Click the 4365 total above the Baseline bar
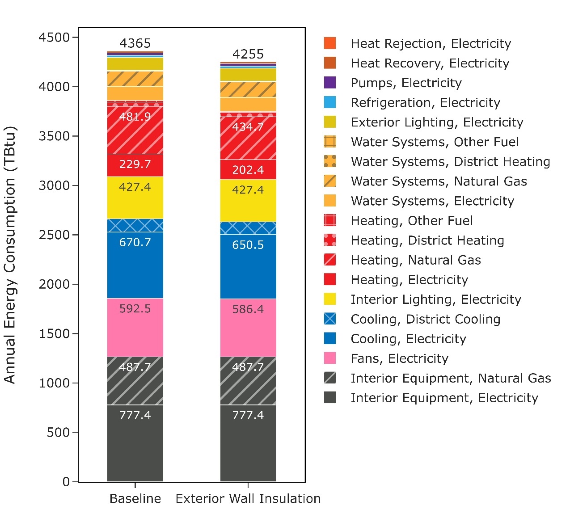coord(135,43)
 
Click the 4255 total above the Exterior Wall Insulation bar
coord(248,54)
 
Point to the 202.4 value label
coord(248,170)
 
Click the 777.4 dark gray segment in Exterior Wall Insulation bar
coord(248,442)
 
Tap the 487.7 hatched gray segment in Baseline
coord(135,380)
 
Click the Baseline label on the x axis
coord(135,498)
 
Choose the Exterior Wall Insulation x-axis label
coord(248,498)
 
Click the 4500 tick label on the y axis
coord(54,37)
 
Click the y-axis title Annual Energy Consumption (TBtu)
coord(10,255)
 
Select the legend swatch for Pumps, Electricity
coord(330,83)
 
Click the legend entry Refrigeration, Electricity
coord(425,102)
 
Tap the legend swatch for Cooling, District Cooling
coord(330,319)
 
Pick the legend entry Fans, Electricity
coord(399,358)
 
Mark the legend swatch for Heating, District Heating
coord(330,240)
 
